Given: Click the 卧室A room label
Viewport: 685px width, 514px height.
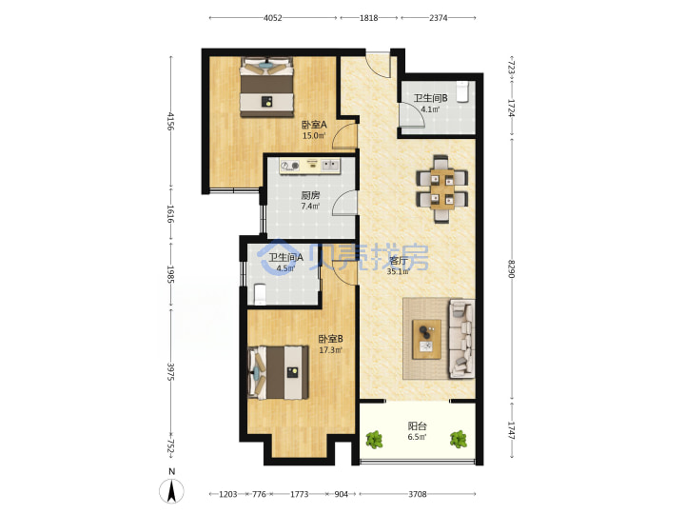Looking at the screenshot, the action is coord(314,125).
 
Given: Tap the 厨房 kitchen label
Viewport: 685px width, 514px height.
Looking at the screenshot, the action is coord(310,195).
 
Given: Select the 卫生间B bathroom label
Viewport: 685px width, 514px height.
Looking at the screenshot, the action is coord(430,98).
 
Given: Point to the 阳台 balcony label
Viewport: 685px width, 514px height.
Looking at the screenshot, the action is coord(418,425).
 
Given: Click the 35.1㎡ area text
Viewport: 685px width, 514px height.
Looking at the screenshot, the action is coord(398,271).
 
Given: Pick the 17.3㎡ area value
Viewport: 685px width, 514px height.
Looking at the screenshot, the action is coord(330,349).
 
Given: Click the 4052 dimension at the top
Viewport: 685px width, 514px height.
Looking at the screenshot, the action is coord(273,18).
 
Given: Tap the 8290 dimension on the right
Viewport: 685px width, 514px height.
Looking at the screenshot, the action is coord(512,269).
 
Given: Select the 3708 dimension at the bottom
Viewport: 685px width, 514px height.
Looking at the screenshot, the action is coord(418,494).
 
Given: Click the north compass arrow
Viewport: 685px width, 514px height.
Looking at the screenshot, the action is coord(172,490).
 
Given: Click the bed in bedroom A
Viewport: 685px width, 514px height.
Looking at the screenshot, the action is coord(266,88).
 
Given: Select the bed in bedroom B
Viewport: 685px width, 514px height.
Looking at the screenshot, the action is coord(278,372).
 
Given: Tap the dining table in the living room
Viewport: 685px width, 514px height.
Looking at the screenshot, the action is coord(442,188).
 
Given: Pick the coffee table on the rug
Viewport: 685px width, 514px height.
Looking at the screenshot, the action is coord(426,339).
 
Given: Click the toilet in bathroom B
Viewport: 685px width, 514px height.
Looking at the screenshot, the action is coord(462,91).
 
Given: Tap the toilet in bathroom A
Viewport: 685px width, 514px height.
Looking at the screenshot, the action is coord(260,294).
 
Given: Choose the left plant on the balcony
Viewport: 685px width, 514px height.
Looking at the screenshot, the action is coord(374,439).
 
